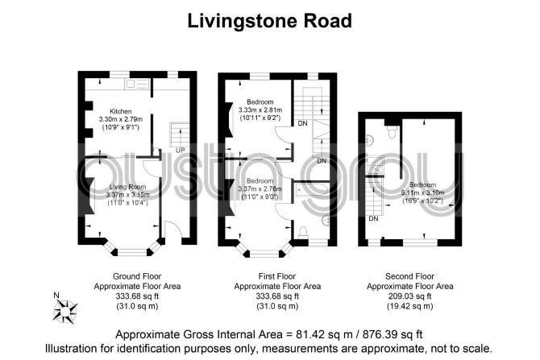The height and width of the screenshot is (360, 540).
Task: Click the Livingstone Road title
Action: point(270,21)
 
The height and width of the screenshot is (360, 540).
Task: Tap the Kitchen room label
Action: point(121,111)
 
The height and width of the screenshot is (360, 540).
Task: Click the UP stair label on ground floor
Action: point(180,150)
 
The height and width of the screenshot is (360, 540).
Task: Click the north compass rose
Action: point(65,312)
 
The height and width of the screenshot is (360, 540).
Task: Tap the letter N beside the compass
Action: point(56,295)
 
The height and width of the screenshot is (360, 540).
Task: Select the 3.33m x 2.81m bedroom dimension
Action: point(260,110)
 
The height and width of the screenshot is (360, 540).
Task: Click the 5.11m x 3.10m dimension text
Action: point(422,192)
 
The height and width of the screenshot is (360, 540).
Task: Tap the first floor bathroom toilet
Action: point(303,232)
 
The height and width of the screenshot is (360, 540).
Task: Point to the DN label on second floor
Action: point(373,218)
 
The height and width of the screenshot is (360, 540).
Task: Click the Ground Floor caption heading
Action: point(137,276)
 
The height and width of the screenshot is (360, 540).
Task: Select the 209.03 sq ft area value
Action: point(409,296)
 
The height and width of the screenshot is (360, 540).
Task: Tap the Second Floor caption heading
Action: point(409,276)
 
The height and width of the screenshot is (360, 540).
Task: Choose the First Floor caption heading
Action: point(277,276)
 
